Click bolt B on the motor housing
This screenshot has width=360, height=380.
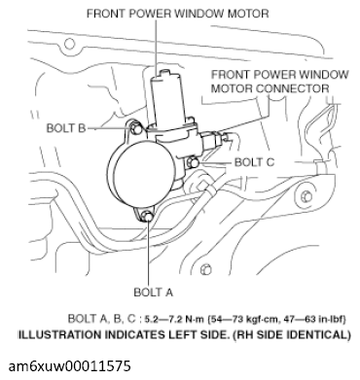130,124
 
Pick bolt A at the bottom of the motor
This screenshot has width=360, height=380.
146,216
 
